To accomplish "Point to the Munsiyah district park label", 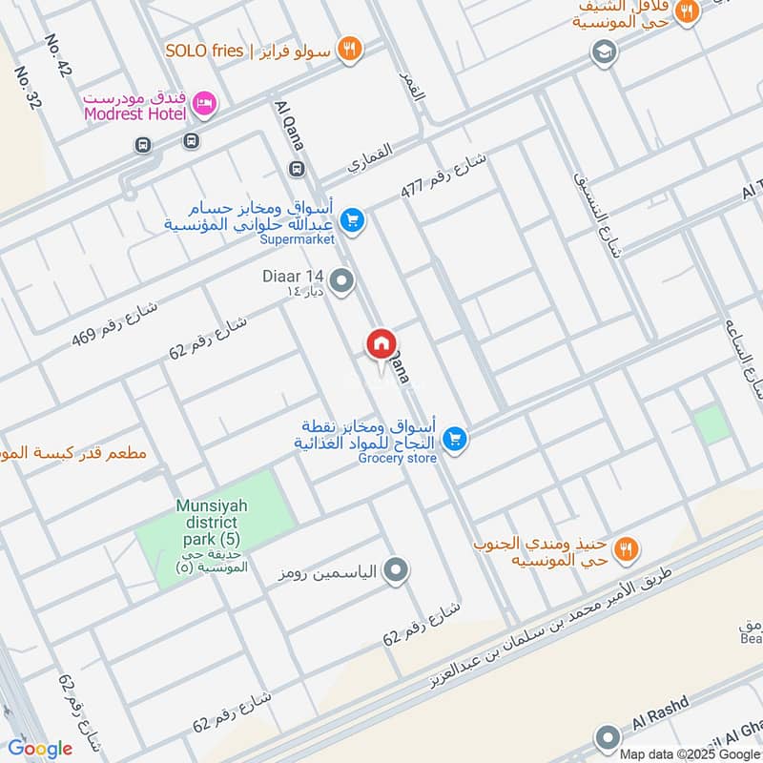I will (x=212, y=524).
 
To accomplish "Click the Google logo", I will (x=40, y=749).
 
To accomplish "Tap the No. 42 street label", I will (x=58, y=56).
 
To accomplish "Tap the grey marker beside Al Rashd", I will (x=608, y=737).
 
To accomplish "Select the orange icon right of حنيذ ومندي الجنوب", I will (x=626, y=548).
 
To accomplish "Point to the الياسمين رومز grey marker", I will (x=396, y=571).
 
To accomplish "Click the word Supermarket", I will (x=298, y=240).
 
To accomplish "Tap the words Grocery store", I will (x=398, y=459).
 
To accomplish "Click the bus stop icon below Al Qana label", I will (x=296, y=170).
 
